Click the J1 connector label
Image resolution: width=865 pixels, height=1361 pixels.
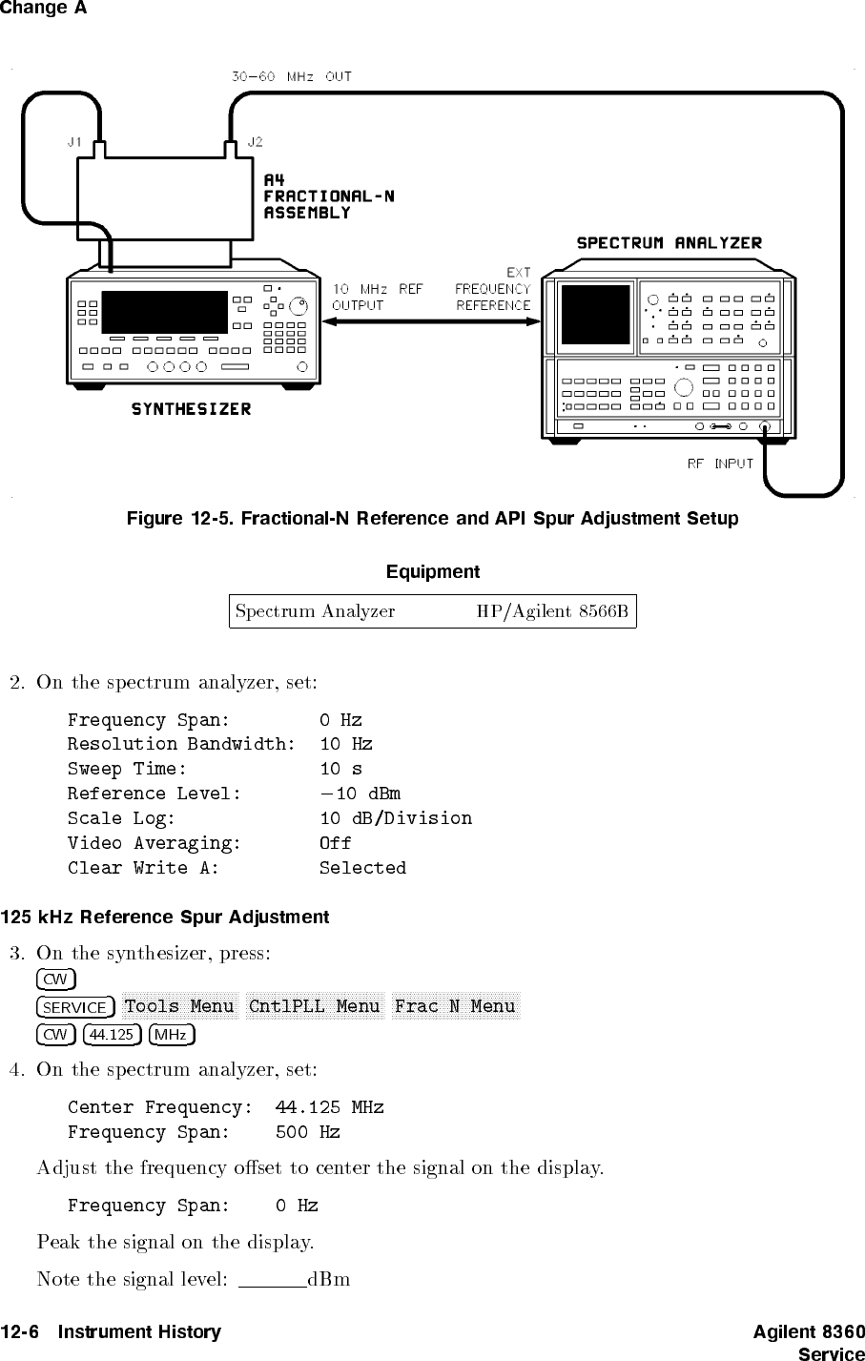click(x=74, y=141)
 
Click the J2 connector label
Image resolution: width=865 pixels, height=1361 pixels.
click(x=255, y=141)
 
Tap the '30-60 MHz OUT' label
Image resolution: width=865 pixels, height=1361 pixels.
click(x=292, y=76)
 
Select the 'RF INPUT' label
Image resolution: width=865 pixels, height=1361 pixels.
click(x=720, y=464)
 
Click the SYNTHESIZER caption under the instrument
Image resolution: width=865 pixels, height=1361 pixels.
click(x=191, y=409)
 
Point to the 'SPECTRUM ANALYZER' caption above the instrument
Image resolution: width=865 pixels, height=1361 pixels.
click(x=669, y=242)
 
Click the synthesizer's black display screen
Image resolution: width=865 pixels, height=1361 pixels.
click(x=164, y=312)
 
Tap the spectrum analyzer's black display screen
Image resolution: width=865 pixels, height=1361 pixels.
click(x=595, y=314)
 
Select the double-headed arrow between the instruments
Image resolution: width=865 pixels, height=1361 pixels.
click(x=432, y=321)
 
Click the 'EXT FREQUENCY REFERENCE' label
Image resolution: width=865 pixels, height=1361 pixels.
click(x=492, y=289)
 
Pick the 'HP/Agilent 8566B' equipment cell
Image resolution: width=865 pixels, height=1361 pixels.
click(x=552, y=611)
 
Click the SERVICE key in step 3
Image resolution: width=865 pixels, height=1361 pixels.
click(x=76, y=1007)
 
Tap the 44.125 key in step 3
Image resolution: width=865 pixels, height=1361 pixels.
click(x=113, y=1034)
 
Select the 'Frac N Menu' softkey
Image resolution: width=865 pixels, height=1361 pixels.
click(x=454, y=1006)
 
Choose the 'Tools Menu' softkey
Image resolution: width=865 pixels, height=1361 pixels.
click(x=179, y=1006)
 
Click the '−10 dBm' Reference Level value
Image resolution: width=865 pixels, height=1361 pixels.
click(x=360, y=794)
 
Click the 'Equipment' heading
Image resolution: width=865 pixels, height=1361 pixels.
click(x=432, y=572)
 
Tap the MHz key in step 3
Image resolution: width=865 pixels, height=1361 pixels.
click(x=172, y=1034)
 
